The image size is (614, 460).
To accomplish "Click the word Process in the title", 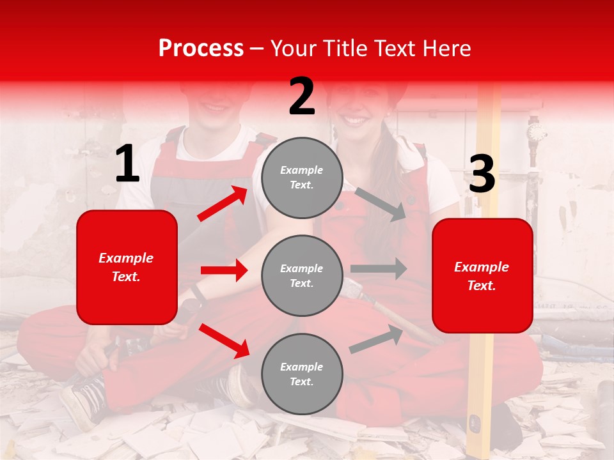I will tap(201, 49).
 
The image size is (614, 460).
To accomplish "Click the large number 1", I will tap(127, 164).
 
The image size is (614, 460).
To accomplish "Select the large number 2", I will tap(302, 96).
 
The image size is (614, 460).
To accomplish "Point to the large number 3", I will tap(482, 174).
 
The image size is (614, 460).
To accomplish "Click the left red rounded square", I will tap(127, 267).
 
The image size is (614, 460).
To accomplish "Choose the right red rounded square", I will tap(482, 275).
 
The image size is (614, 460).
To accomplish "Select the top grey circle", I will tap(302, 178).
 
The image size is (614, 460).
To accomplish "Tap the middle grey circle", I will tap(302, 275).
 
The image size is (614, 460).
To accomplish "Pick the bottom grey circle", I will tap(302, 374).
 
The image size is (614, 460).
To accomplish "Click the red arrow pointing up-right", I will tap(223, 204).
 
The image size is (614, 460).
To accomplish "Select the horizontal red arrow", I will tap(224, 270).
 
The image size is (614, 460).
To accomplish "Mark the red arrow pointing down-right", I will tap(224, 341).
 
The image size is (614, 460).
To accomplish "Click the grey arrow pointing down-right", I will tap(381, 204).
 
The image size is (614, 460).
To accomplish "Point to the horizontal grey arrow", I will tap(378, 269).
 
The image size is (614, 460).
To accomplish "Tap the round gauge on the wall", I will tap(536, 133).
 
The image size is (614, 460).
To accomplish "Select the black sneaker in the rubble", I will tap(86, 400).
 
